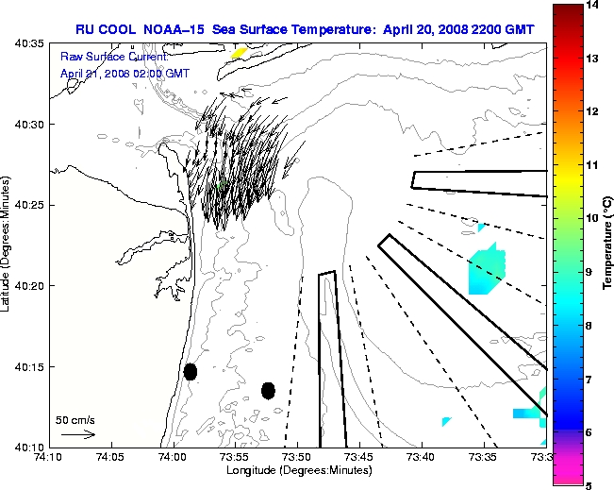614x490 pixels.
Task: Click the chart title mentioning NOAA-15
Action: (305, 29)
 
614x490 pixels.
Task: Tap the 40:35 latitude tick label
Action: (30, 44)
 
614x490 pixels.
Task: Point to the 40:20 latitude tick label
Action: (30, 286)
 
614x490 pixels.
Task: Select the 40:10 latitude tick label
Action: (30, 447)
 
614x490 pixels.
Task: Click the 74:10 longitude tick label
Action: (49, 457)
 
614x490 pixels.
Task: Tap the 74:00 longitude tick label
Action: (173, 457)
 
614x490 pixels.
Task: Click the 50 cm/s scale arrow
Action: (78, 434)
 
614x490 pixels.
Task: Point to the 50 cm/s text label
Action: (75, 420)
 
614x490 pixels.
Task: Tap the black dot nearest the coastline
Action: (191, 371)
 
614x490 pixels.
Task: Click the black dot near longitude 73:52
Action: (268, 390)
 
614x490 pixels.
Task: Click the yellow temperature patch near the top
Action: (239, 53)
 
